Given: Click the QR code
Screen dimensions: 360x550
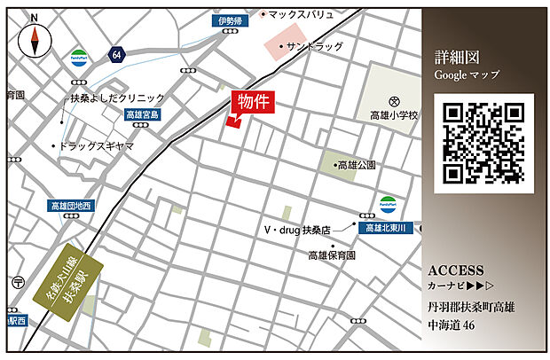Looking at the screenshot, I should [483, 143].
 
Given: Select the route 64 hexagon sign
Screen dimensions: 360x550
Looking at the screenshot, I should [116, 56].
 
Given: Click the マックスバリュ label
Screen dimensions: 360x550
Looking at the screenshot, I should [302, 15].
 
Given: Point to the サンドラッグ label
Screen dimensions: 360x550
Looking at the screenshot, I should [311, 45].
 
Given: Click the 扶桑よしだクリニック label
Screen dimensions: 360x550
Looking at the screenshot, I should [118, 98].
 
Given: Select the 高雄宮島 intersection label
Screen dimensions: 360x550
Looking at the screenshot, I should [142, 115].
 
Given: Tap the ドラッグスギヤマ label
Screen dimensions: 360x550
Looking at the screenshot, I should [97, 145].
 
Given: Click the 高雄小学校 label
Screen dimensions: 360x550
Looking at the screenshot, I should [394, 115].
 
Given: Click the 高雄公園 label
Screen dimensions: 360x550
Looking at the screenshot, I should [357, 165].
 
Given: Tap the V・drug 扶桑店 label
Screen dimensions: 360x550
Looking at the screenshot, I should [296, 229].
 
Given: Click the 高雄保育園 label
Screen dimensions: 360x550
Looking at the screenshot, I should [333, 255].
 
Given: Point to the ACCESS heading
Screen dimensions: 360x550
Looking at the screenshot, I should [455, 270].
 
